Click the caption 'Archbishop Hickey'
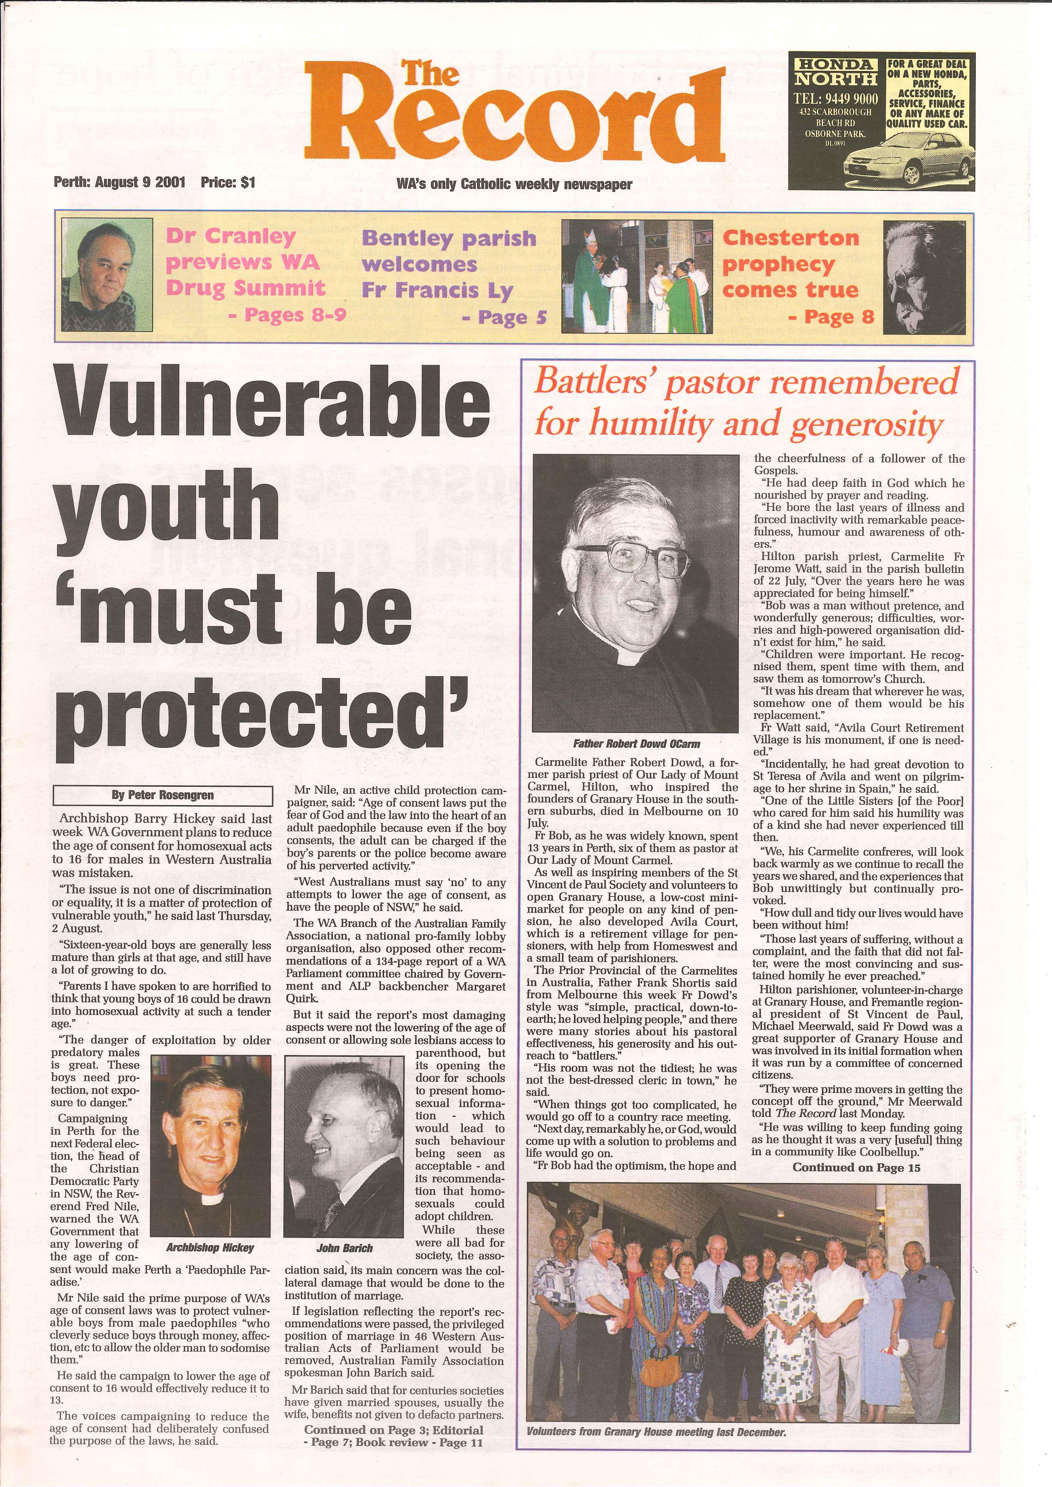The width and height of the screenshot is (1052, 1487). [x=211, y=1248]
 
